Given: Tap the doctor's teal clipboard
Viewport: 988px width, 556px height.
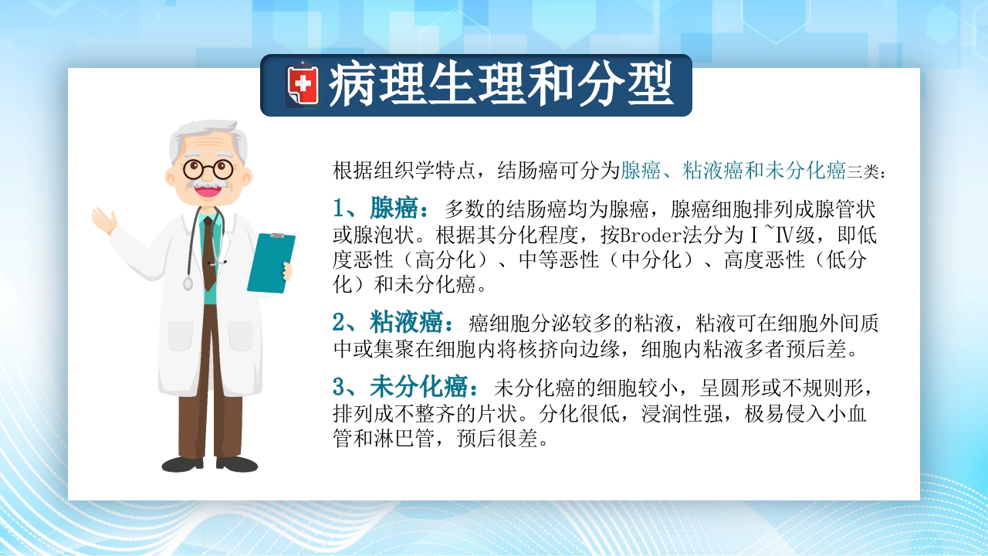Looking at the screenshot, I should pos(271,263).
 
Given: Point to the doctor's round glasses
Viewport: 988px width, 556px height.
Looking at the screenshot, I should pos(208,168).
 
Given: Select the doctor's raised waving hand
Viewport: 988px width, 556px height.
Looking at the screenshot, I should pos(103,220).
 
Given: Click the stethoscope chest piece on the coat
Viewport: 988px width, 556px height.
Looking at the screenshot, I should pos(188,283).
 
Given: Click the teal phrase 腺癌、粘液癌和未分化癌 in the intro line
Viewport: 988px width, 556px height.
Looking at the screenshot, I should pos(733,171).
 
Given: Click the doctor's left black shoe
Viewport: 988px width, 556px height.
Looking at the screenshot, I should pos(182,463).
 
